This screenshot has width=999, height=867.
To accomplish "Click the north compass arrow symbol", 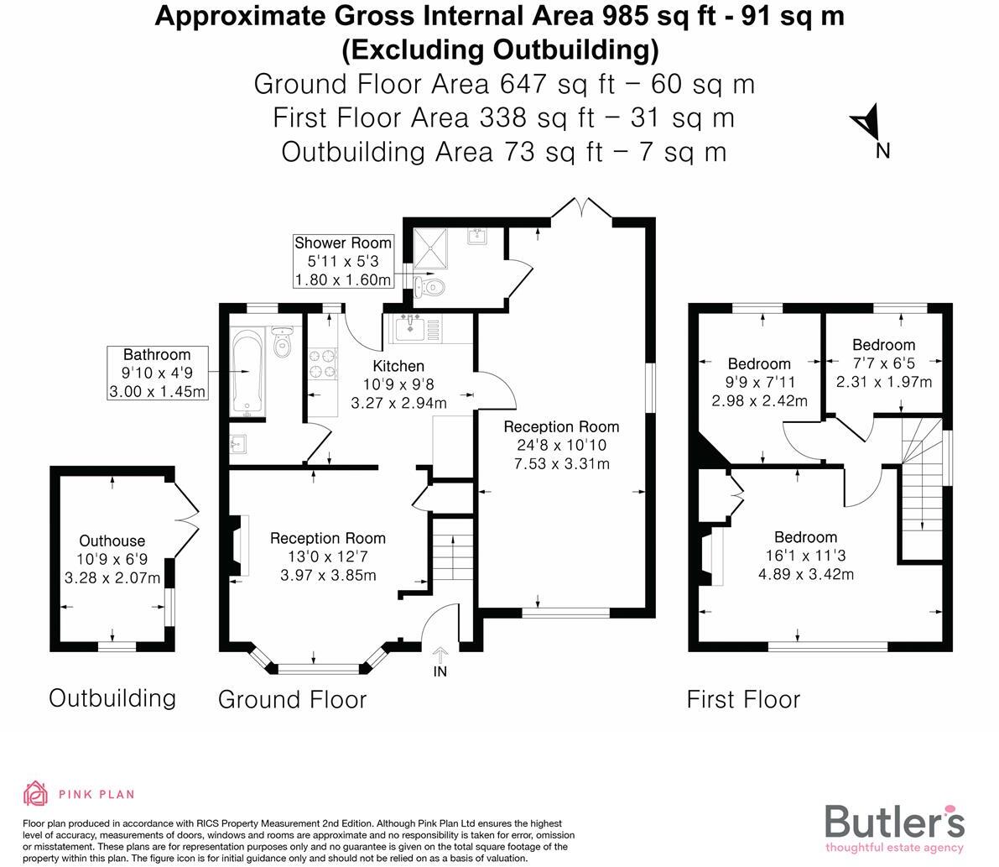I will point(866,124).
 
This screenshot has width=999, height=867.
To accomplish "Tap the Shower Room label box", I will point(342,261).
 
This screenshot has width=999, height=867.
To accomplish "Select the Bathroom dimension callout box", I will point(157,373).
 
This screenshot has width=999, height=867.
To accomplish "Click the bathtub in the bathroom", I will point(247,373).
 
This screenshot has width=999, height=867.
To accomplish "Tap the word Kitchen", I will point(398,366).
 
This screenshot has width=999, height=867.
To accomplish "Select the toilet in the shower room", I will point(431,287).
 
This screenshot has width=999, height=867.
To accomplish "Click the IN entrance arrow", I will point(440,657).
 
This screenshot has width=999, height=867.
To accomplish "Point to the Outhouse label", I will point(112,541).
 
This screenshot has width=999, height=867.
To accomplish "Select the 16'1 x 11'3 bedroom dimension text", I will point(805,556).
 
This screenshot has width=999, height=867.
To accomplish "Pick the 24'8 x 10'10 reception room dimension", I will point(561,446).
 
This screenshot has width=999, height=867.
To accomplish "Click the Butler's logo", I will point(894,826).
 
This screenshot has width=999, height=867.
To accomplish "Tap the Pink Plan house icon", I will point(36,793).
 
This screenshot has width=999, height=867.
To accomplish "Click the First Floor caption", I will point(743,699).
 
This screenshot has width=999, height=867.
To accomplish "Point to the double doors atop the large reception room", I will point(582,208).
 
